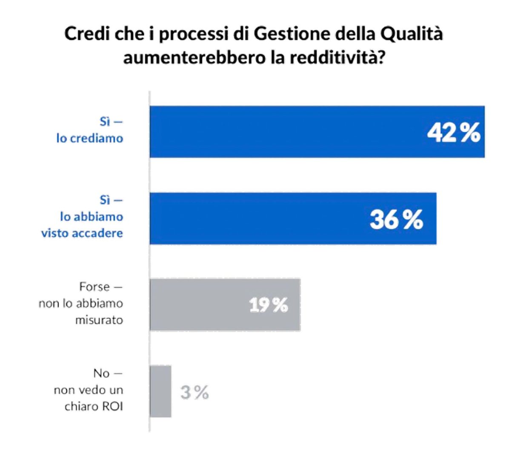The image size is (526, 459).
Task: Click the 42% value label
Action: pos(454,133)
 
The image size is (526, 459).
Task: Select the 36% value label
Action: pos(396,220)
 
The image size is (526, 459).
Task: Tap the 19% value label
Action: pos(269,305)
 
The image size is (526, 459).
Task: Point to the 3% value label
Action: pos(194,392)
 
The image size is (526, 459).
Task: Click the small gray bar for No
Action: pos(160,391)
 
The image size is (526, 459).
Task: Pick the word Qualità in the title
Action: pos(411,34)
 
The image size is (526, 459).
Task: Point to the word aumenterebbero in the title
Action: pos(194,57)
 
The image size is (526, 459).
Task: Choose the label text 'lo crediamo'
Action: pos(89,138)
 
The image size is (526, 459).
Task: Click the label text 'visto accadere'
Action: pos(82,233)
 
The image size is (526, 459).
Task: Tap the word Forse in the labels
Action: pos(94,287)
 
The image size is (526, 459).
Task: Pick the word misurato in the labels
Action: pos(99,320)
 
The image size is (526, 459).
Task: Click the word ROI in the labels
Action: pos(112,406)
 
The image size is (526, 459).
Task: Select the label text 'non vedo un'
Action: pos(88,390)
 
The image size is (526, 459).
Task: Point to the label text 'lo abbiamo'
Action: pos(91,216)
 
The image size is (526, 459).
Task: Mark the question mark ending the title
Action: pos(380,57)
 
